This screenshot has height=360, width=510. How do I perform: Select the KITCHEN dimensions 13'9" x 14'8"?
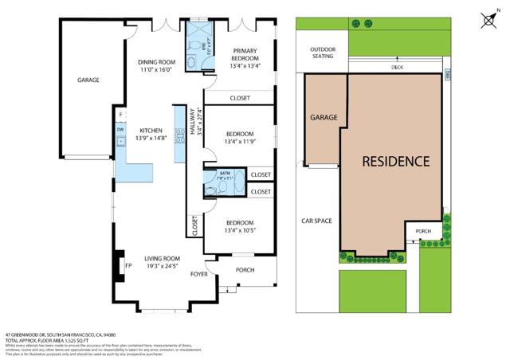click(x=151, y=139)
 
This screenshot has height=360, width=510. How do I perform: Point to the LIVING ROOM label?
click(x=162, y=258)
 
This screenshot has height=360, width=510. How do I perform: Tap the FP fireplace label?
click(x=127, y=266)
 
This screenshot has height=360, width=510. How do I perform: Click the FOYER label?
click(x=198, y=274)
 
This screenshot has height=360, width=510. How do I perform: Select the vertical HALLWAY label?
click(x=192, y=124)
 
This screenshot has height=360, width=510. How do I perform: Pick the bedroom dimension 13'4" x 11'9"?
click(x=239, y=143)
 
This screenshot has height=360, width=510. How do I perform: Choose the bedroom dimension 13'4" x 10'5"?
click(x=239, y=232)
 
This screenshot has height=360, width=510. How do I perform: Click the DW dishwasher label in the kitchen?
click(x=120, y=129)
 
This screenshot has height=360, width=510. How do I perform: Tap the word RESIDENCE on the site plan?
click(x=396, y=161)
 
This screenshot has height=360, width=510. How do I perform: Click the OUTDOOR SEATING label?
click(x=320, y=53)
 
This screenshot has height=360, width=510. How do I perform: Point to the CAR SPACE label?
click(x=316, y=221)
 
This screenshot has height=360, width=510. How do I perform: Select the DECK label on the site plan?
click(x=397, y=68)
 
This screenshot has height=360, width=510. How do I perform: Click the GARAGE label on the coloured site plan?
click(x=324, y=117)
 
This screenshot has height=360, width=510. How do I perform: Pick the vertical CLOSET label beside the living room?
click(x=194, y=226)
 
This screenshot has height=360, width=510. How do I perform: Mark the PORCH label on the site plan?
click(x=423, y=232)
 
